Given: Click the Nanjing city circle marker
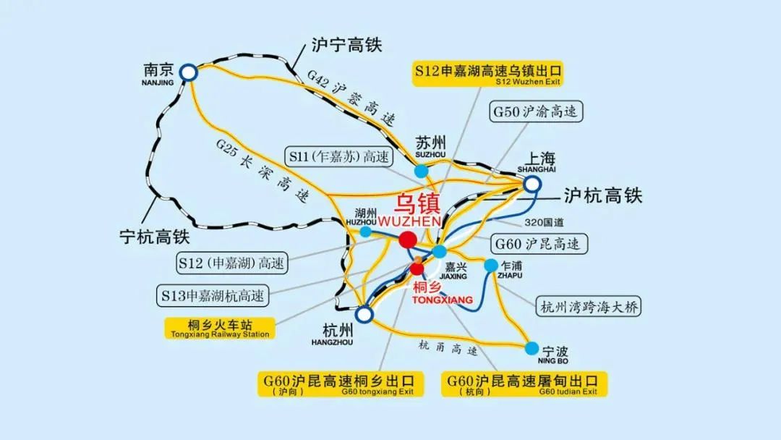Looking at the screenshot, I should click(188, 72).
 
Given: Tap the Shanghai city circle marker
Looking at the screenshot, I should click(532, 184).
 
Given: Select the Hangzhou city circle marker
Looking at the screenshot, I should click(364, 314).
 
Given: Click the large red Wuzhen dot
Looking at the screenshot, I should click(408, 240).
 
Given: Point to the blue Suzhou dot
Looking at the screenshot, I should click(422, 171).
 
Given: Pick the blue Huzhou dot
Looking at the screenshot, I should click(366, 232).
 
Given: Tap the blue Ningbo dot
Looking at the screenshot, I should click(534, 347).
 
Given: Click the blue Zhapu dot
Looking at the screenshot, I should click(491, 265).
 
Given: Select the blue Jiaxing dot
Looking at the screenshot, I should click(440, 251).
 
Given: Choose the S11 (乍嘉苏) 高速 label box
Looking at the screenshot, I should click(338, 156).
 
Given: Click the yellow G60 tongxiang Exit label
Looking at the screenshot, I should click(340, 384).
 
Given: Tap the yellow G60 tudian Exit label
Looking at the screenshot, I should click(524, 384).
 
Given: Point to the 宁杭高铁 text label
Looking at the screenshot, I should click(154, 236).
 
